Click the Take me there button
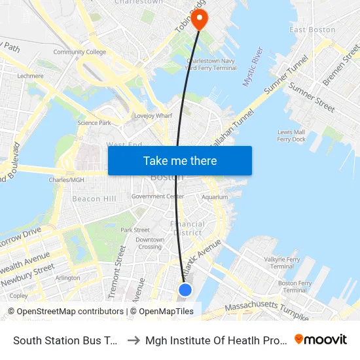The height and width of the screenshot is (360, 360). pyautogui.click(x=180, y=161)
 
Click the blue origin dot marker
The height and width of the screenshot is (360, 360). pyautogui.click(x=185, y=289)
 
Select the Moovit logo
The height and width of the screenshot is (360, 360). pyautogui.click(x=321, y=339)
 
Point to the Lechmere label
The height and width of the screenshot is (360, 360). pyautogui.click(x=30, y=76)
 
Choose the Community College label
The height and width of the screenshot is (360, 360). pyautogui.click(x=79, y=52)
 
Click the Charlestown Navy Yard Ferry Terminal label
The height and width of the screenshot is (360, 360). pyautogui.click(x=211, y=64)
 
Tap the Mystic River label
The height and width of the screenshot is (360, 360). pyautogui.click(x=253, y=66)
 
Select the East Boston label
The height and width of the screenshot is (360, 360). pyautogui.click(x=312, y=29)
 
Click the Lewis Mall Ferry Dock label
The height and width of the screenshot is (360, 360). pyautogui.click(x=291, y=135)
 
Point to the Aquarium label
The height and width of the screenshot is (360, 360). pyautogui.click(x=215, y=197)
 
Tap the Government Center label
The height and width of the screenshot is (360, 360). pyautogui.click(x=157, y=196)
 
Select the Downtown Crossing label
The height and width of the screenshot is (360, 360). pyautogui.click(x=150, y=243)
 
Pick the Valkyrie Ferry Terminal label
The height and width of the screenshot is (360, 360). pyautogui.click(x=282, y=262)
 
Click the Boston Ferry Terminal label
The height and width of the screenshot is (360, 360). pyautogui.click(x=295, y=286)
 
